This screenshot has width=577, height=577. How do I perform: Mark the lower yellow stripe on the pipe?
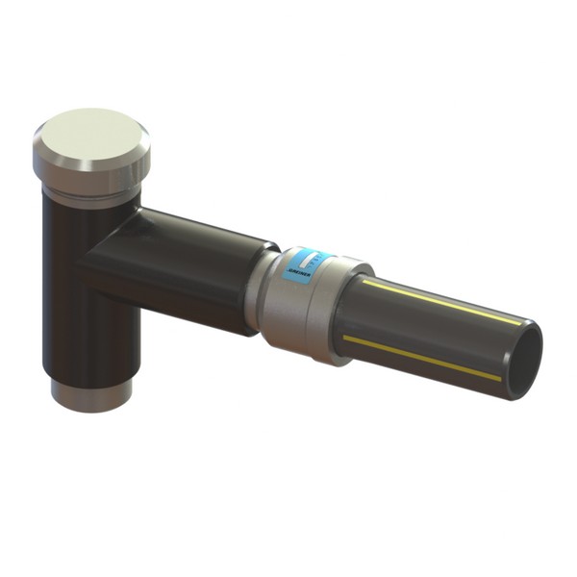(x=423, y=357)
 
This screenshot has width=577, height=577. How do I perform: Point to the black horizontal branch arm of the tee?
(x=192, y=269)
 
